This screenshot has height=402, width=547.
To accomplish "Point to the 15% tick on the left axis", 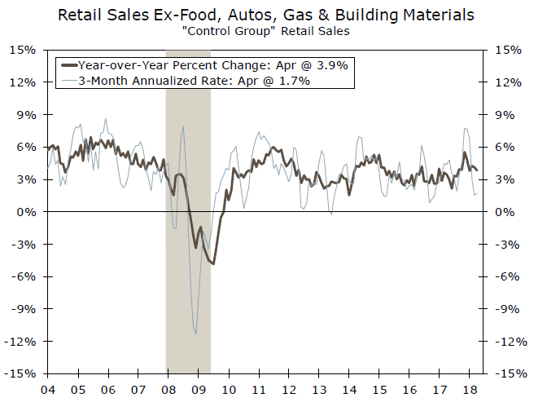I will [23, 50].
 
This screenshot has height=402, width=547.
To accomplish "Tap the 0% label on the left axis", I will [26, 212].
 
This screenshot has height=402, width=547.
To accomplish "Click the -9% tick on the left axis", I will [24, 309].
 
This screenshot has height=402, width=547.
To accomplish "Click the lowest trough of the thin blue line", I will [195, 333].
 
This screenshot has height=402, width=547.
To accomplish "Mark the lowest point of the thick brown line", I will [213, 263].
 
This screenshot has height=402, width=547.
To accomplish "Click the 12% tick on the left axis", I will [23, 82].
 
